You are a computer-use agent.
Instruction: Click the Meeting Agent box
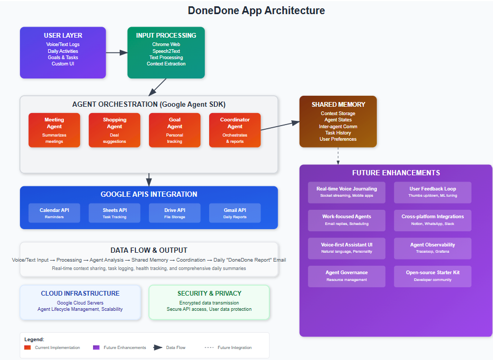coord(54,130)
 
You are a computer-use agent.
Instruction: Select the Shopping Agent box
coord(114,130)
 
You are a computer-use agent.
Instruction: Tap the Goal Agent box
coord(175,130)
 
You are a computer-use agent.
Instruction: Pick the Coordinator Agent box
coord(235,130)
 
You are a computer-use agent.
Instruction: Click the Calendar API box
coord(54,212)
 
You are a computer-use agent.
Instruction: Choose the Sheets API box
coord(114,212)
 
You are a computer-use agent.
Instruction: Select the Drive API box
coord(175,212)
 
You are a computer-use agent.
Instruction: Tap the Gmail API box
coord(235,212)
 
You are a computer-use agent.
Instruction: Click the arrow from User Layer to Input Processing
coord(117,52)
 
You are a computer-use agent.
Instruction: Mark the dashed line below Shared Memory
coord(338,155)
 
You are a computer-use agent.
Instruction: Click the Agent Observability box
coord(432,248)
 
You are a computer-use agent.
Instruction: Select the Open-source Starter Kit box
coord(432,276)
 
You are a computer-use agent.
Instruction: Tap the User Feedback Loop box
coord(432,192)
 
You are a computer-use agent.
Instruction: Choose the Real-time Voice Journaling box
coord(347,192)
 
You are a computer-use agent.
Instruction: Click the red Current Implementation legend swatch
coord(28,347)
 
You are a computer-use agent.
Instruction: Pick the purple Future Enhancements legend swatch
coord(96,347)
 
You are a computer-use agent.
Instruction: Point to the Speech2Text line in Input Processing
coord(166,51)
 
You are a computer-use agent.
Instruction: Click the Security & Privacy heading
coord(209,294)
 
